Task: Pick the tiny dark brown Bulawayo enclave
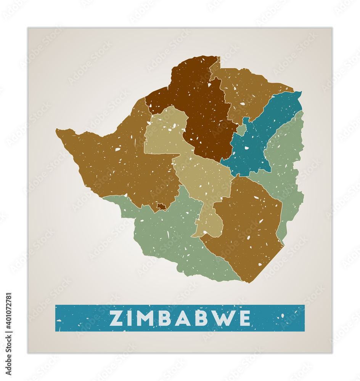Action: (161, 207)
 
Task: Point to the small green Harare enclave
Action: (241, 130)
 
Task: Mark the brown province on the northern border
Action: (248, 91)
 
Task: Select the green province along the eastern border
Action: (286, 168)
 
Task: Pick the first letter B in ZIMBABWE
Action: (165, 318)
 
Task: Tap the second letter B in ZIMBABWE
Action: (201, 318)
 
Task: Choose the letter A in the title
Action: (183, 318)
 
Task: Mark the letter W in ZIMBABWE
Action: (223, 318)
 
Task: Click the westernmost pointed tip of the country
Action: (56, 131)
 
